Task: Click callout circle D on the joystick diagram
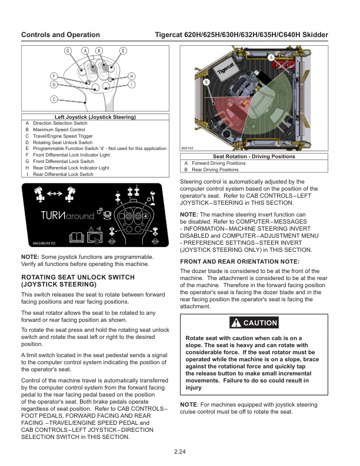(68, 51)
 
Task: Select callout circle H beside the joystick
(132, 76)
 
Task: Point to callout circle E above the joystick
(123, 51)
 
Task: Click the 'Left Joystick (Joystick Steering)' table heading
(95, 118)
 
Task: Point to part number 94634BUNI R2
(44, 243)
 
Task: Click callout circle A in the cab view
(271, 57)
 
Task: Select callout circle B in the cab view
(206, 82)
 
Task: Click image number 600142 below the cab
(188, 148)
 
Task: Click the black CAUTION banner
(254, 323)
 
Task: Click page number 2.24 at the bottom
(180, 451)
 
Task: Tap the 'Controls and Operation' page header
(61, 35)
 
